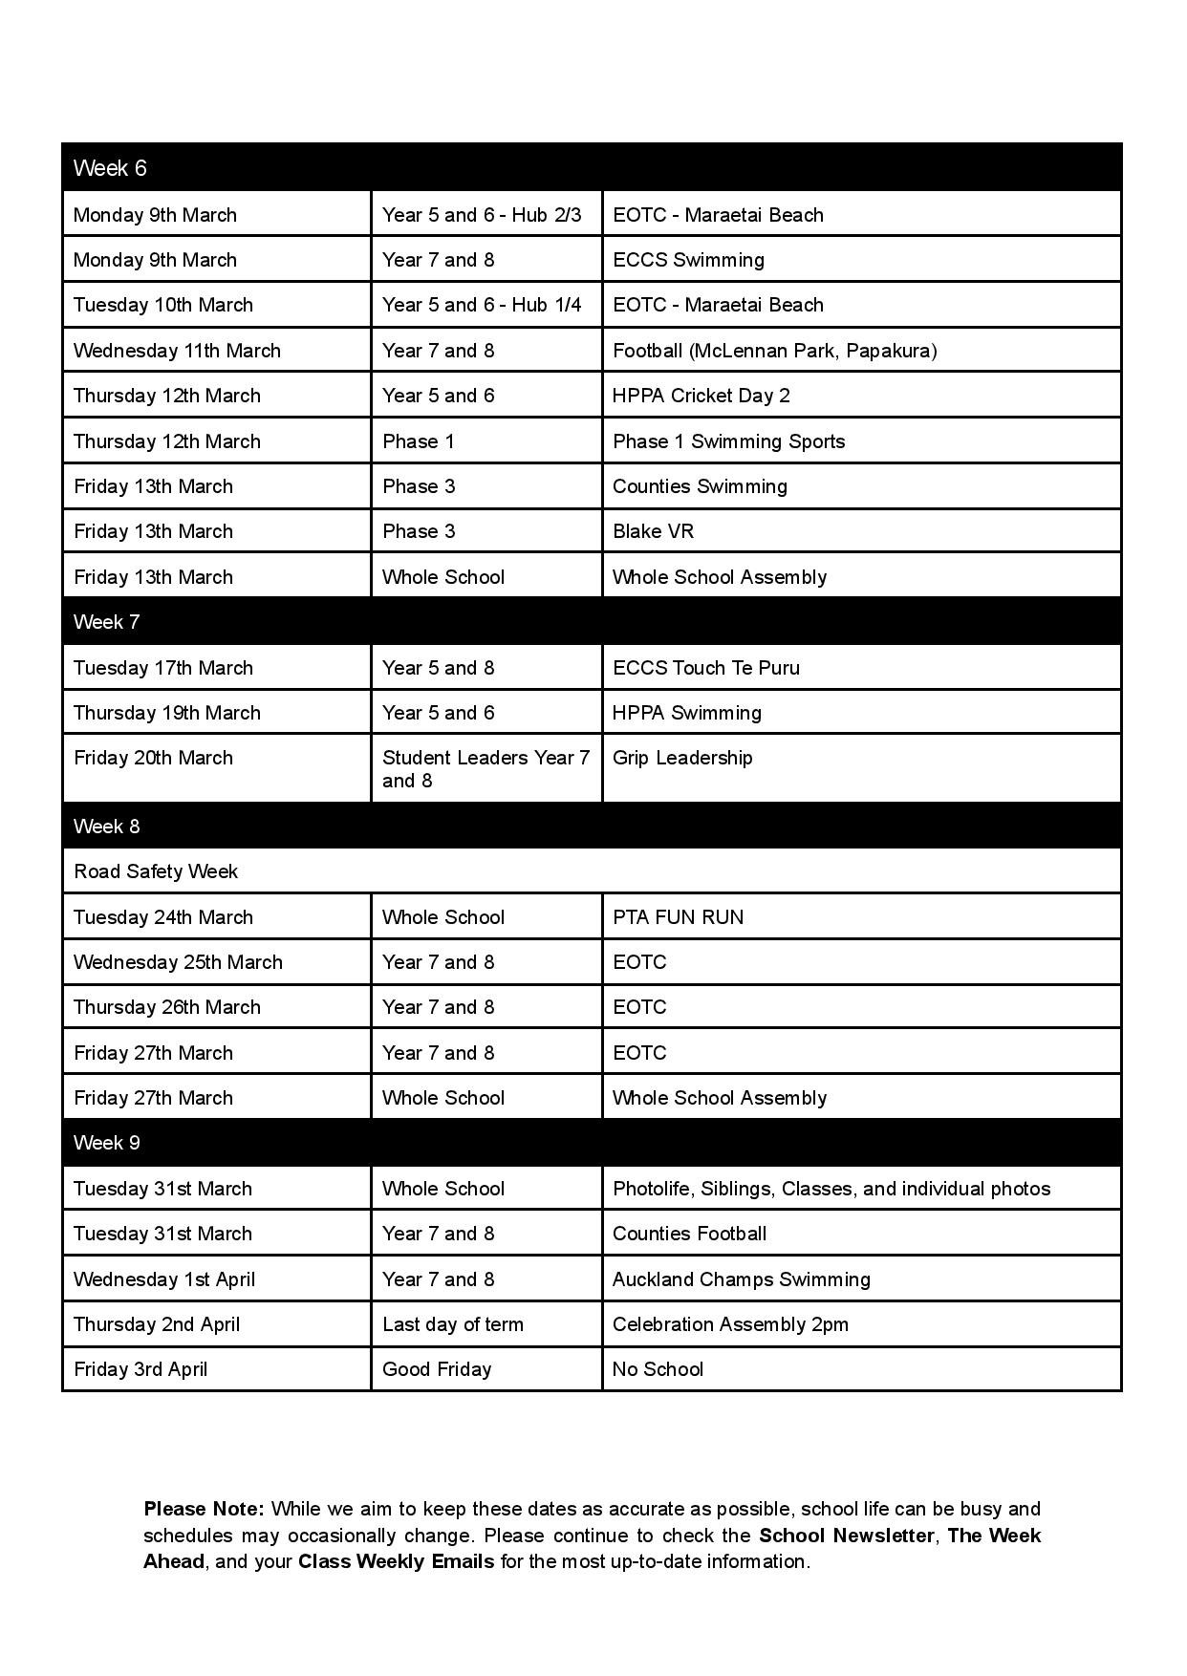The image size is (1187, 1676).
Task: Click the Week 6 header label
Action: [x=110, y=168]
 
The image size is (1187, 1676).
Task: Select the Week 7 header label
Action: [x=106, y=622]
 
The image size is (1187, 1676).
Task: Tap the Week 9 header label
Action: [x=106, y=1143]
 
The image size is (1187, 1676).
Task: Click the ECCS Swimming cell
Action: [x=688, y=260]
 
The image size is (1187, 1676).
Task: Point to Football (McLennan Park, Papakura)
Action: [x=774, y=351]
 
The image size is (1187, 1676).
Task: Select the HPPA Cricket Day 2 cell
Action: [x=701, y=396]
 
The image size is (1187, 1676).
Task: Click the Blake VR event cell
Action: [x=653, y=531]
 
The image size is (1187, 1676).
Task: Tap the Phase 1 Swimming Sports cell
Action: [x=728, y=441]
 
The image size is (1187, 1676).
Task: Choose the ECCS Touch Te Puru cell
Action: [x=705, y=668]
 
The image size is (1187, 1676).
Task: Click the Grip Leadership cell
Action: [x=682, y=758]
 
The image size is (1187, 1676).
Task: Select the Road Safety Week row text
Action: [x=156, y=871]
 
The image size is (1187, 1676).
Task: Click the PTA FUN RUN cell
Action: [x=678, y=917]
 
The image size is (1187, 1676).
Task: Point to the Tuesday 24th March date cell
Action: [x=163, y=917]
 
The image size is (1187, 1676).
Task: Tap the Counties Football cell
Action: [x=689, y=1234]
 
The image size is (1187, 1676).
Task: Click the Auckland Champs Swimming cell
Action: [x=741, y=1279]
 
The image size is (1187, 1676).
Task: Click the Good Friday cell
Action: [x=437, y=1369]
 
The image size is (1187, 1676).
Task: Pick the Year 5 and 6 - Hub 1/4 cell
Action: [x=482, y=305]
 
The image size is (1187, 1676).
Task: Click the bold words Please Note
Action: [x=204, y=1509]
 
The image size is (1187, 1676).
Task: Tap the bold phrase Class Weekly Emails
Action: [x=396, y=1561]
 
